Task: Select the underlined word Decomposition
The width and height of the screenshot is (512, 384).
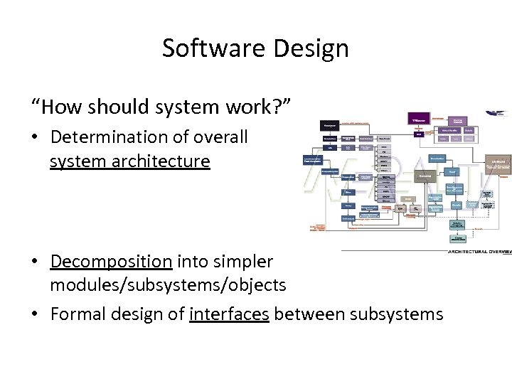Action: click(111, 261)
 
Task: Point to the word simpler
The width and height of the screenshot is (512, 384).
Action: click(240, 261)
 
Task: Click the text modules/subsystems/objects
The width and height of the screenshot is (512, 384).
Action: click(168, 285)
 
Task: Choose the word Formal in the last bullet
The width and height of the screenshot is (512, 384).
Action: click(78, 314)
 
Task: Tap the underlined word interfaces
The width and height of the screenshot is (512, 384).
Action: click(229, 314)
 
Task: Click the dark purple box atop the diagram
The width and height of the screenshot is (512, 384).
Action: click(419, 119)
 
